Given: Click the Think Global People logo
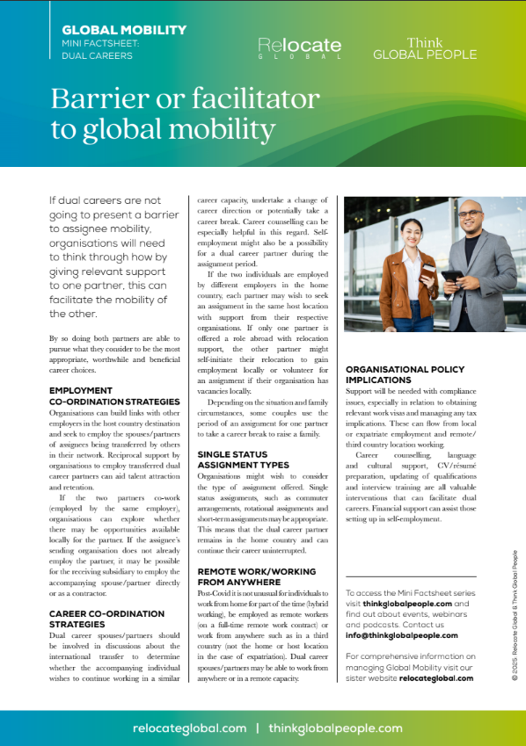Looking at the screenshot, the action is pos(425,47).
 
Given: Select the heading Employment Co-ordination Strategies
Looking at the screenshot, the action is pos(114,395).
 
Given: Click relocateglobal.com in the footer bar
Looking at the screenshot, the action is pos(189,728).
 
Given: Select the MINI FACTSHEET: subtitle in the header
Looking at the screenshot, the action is pos(98,43).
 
